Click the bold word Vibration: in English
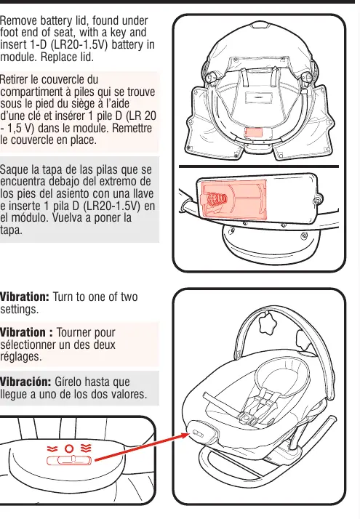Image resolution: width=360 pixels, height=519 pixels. [x=25, y=297]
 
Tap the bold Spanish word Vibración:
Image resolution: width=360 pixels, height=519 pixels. [x=25, y=382]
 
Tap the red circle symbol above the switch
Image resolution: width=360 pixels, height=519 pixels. [x=69, y=448]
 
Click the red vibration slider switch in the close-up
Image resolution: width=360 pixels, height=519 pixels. [x=69, y=460]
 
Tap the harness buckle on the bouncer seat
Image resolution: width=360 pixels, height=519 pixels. [x=247, y=418]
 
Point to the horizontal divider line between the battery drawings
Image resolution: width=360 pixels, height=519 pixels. [x=259, y=166]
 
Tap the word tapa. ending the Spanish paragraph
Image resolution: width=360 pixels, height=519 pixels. [x=11, y=230]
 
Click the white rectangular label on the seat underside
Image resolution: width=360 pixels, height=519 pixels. [x=259, y=98]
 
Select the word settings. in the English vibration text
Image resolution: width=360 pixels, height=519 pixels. [x=19, y=310]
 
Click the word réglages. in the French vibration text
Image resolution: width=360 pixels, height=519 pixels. [x=21, y=357]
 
